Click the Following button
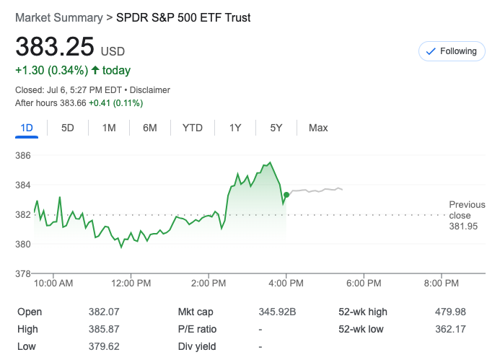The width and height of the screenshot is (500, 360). (452, 51)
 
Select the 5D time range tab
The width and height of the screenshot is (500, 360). (68, 128)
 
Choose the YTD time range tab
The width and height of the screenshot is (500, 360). (193, 128)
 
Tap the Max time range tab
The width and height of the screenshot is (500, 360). (318, 128)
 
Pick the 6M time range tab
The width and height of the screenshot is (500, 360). (150, 128)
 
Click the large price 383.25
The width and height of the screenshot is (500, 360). (56, 47)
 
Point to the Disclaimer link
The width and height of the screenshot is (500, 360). (149, 90)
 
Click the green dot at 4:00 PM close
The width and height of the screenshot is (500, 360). (286, 195)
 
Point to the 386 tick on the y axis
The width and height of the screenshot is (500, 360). (23, 156)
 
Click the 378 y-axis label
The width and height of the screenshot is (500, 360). (23, 273)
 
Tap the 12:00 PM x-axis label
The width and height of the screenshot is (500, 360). (131, 284)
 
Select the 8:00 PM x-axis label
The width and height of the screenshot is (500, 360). (442, 284)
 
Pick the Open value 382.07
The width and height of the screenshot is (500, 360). (102, 312)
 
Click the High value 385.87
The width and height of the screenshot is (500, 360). (102, 329)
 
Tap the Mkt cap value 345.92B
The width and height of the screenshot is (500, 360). (278, 312)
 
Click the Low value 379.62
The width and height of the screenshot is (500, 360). (102, 346)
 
